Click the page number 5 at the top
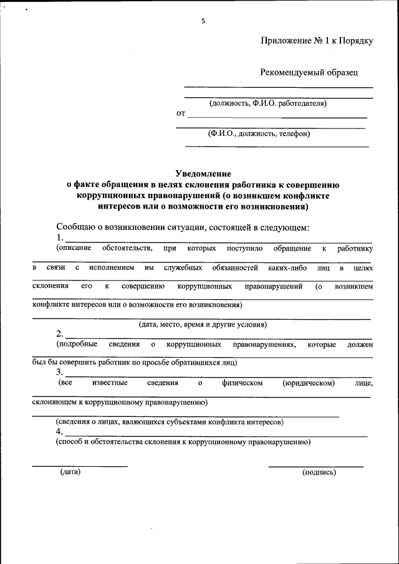[x=203, y=21]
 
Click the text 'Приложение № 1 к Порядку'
[x=317, y=41]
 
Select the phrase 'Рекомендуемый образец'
[x=309, y=72]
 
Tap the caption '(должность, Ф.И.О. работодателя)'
[x=268, y=103]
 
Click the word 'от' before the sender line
[x=181, y=114]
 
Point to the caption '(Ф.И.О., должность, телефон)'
[x=259, y=133]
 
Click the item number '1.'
[x=60, y=238]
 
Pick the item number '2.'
[x=60, y=333]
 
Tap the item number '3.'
[x=60, y=372]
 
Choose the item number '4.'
[x=60, y=431]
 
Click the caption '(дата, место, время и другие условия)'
[x=203, y=325]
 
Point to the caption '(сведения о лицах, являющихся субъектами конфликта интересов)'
[x=170, y=422]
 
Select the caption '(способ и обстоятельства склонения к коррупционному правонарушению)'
[x=183, y=442]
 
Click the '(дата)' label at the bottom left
[x=70, y=472]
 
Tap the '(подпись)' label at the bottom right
[x=319, y=472]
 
